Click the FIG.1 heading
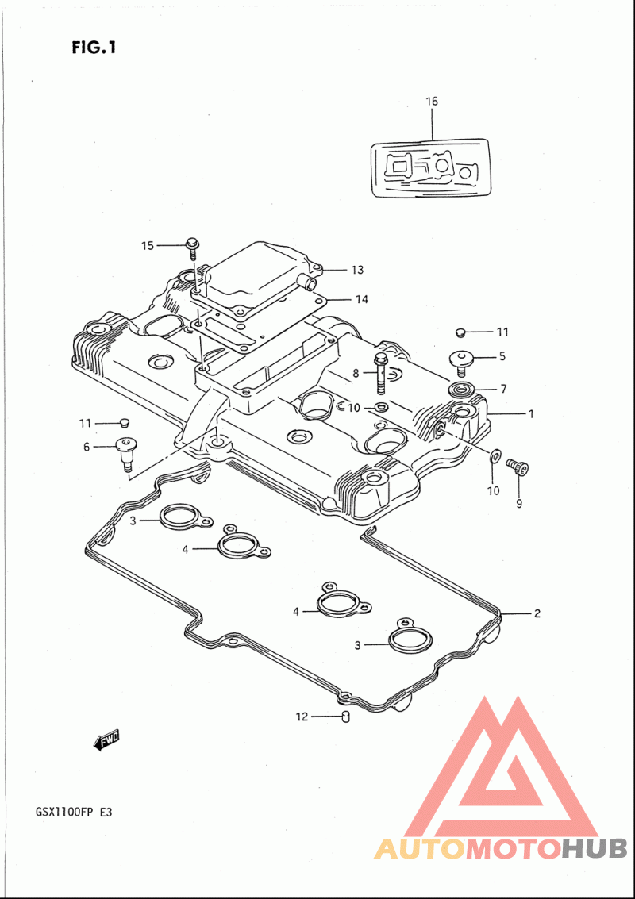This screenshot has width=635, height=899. tap(94, 47)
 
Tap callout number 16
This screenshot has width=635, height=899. tap(431, 102)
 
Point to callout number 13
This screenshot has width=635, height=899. tap(357, 270)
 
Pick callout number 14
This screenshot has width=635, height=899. tap(361, 299)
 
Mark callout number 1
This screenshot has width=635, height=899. tap(530, 413)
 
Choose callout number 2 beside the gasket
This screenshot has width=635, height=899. tap(537, 613)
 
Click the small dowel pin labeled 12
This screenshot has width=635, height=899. tap(345, 717)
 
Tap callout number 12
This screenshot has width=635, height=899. tap(302, 716)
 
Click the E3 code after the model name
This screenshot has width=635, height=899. tap(104, 813)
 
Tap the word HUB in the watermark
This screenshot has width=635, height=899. tap(595, 848)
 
